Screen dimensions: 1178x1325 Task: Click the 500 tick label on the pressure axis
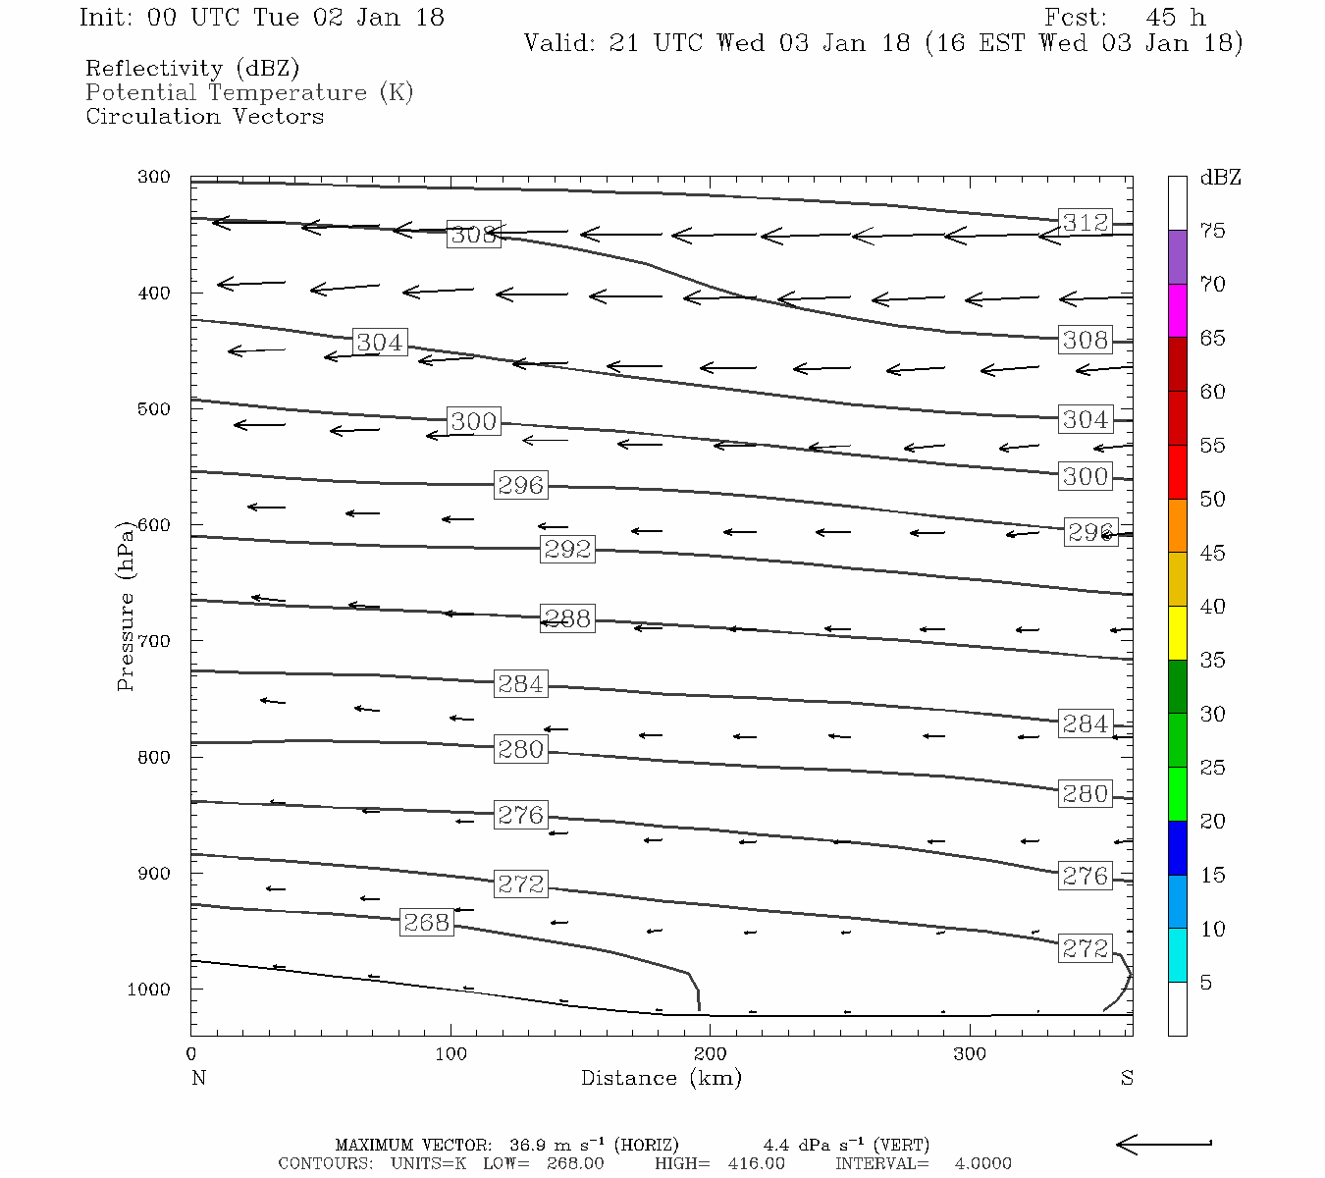click(x=153, y=409)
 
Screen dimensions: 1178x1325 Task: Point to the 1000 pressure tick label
click(x=148, y=990)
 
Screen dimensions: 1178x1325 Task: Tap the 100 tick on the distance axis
click(x=450, y=1054)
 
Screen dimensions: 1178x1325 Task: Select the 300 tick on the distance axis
click(x=970, y=1054)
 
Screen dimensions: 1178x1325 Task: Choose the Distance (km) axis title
click(x=661, y=1078)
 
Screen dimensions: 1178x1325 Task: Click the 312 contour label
click(x=1085, y=223)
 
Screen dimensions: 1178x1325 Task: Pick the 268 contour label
click(x=427, y=923)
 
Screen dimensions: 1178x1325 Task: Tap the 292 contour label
click(x=567, y=549)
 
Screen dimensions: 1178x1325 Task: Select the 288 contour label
click(x=567, y=618)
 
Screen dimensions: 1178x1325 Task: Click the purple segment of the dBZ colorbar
click(x=1177, y=257)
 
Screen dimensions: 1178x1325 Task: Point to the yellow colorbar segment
click(x=1177, y=633)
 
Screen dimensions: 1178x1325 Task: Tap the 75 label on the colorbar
click(x=1212, y=231)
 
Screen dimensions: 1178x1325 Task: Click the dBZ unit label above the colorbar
click(x=1220, y=178)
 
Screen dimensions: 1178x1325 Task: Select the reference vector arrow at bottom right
click(x=1164, y=1144)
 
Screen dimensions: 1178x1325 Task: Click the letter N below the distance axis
click(x=198, y=1078)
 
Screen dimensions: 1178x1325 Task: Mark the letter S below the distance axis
click(x=1127, y=1078)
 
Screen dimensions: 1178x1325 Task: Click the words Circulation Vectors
click(x=204, y=117)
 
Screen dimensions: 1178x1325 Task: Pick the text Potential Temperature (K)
click(x=249, y=93)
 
